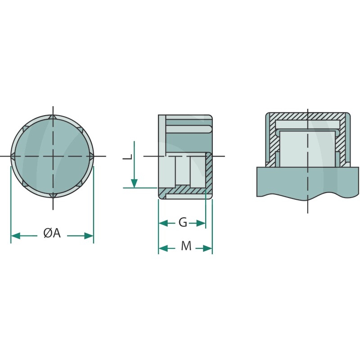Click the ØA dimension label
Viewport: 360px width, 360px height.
click(52, 234)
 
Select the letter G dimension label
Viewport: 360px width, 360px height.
click(183, 222)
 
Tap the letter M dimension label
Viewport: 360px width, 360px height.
click(186, 246)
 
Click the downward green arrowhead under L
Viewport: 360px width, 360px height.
click(134, 183)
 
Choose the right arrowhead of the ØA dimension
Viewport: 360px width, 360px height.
click(89, 235)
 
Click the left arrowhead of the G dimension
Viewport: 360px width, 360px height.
click(163, 223)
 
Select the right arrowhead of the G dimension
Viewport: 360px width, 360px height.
click(201, 223)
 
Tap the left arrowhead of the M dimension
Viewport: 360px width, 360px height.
click(163, 248)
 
